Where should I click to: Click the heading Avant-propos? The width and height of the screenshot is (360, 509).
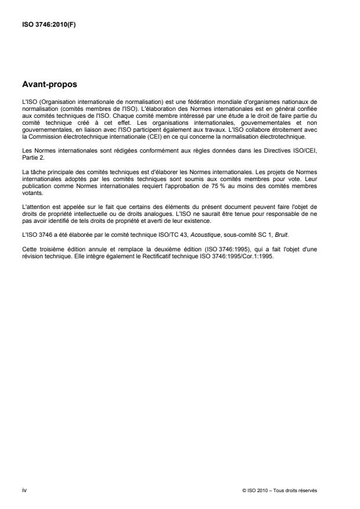coord(49,85)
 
